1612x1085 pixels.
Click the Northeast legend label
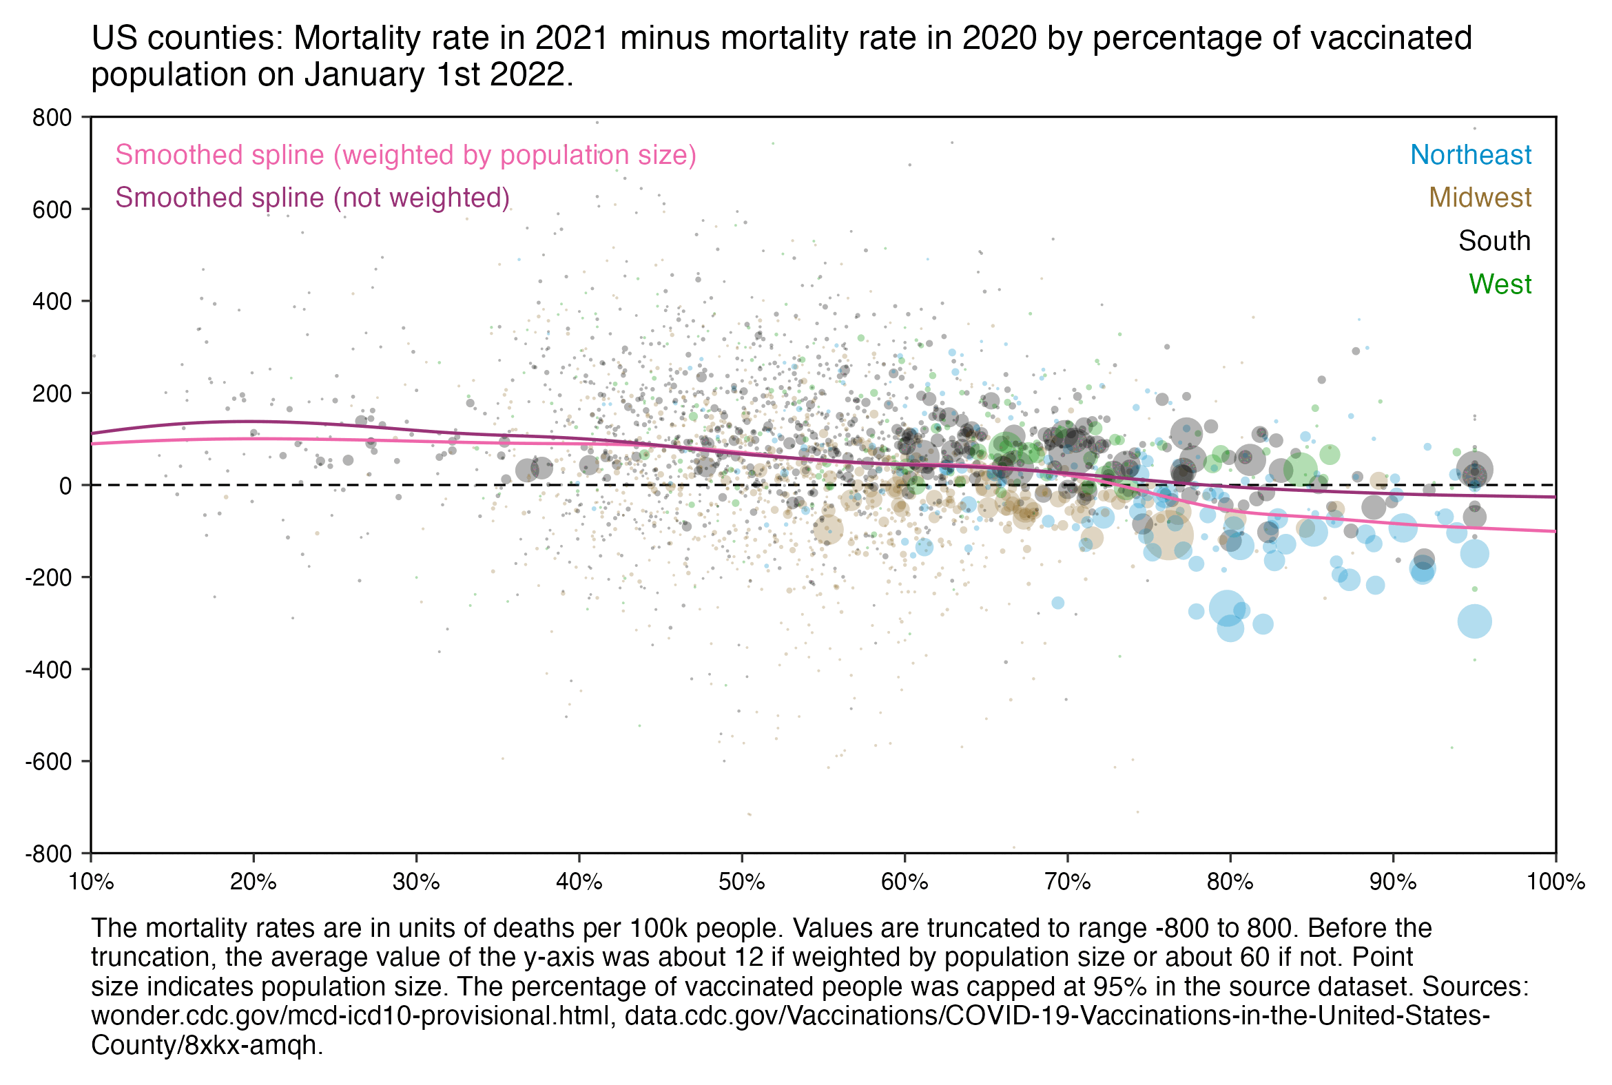pos(1470,155)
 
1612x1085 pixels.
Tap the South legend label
pos(1494,241)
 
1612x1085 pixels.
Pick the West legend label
pos(1499,285)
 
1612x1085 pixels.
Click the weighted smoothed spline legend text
pos(406,155)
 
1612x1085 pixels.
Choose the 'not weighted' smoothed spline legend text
pos(312,198)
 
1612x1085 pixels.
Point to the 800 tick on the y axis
pos(52,118)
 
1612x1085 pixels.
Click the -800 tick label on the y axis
pos(48,855)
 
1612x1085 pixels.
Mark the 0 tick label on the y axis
pos(65,486)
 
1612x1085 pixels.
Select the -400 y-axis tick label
pos(48,670)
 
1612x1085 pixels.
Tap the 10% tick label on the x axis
pos(92,882)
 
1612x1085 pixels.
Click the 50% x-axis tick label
pos(742,882)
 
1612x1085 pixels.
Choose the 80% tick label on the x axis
pos(1230,882)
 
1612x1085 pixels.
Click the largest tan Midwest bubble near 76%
pos(1168,534)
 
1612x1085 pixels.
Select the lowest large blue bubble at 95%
pos(1474,621)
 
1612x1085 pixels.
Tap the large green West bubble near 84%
pos(1300,470)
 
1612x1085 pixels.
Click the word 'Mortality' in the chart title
pos(356,38)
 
